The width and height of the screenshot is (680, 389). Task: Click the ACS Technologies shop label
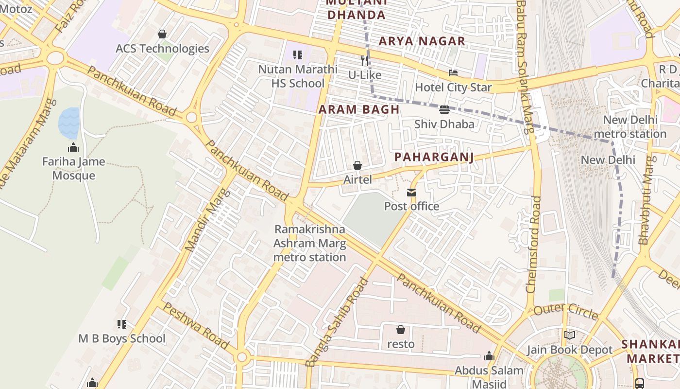[x=162, y=49]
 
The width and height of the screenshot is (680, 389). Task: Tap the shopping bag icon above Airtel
[x=357, y=166]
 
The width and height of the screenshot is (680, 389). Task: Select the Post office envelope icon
[x=411, y=193]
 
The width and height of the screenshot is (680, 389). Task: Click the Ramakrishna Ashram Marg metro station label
[x=310, y=243]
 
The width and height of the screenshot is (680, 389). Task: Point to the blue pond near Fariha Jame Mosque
[x=69, y=123]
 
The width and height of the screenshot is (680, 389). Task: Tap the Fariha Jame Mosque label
[x=73, y=168]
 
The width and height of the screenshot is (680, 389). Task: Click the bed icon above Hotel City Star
[x=453, y=73]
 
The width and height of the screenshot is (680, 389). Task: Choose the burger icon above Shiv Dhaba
[x=444, y=110]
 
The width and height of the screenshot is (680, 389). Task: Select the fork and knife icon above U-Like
[x=364, y=61]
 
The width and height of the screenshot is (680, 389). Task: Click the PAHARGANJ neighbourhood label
[x=434, y=157]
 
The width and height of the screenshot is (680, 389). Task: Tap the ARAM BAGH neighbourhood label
[x=359, y=110]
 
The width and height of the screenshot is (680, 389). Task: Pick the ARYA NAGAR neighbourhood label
[x=422, y=41]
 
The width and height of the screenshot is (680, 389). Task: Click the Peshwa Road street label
[x=195, y=326]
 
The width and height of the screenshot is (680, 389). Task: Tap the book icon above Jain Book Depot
[x=570, y=336]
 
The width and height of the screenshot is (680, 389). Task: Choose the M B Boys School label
[x=122, y=338]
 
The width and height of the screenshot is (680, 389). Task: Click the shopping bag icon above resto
[x=401, y=330]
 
